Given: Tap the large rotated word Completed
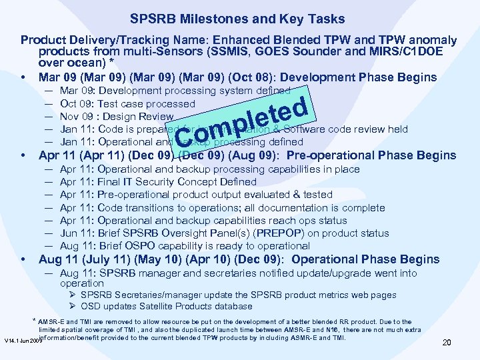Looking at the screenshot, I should tap(243, 121).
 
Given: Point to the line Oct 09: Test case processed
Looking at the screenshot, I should tap(127, 104).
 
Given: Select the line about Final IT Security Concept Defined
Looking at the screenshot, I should tap(158, 181).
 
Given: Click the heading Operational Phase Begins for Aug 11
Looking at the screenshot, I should tap(365, 259).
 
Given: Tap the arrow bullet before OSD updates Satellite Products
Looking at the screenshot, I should tap(73, 307).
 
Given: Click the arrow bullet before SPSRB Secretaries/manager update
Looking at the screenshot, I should tap(73, 295).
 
